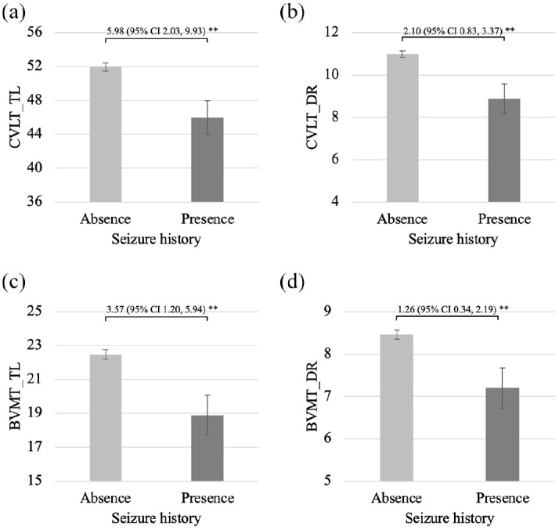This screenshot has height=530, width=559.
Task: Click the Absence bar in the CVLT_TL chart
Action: click(106, 135)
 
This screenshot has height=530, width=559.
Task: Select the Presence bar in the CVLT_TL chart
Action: click(207, 160)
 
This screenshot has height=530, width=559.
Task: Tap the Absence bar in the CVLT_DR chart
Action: click(402, 128)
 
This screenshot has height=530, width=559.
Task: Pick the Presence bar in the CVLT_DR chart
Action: click(504, 150)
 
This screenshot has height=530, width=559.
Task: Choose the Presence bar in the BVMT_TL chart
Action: click(207, 448)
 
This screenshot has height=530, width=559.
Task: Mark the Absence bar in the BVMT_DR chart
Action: click(397, 408)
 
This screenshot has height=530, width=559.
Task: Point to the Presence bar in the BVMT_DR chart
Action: click(503, 434)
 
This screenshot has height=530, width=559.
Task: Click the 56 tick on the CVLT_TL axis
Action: click(34, 32)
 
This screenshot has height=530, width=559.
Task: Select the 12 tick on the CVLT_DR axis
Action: click(331, 32)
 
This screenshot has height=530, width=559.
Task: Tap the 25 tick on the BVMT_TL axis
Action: click(34, 312)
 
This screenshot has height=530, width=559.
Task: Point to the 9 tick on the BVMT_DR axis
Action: click(327, 312)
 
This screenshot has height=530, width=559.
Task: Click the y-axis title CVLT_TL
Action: click(15, 117)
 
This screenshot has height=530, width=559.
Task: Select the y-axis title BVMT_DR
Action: click(312, 396)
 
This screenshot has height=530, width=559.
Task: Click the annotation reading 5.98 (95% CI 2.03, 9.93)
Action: click(156, 31)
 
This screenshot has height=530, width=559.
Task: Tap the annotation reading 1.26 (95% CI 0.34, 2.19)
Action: click(447, 309)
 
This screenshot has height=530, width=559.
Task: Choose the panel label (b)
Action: click(292, 13)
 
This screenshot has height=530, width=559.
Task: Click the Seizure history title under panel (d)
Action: click(449, 518)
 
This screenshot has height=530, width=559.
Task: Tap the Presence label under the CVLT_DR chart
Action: click(504, 218)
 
